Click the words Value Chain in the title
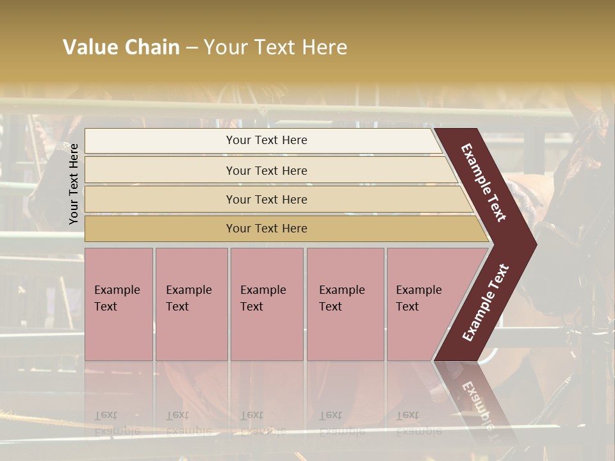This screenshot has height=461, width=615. (121, 47)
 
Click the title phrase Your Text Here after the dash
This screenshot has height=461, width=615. (275, 47)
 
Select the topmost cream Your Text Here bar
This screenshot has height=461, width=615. (266, 140)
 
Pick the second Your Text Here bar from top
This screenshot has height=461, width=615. (266, 170)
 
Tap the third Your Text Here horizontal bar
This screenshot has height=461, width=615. (266, 199)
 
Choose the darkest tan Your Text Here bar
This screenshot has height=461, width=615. (266, 228)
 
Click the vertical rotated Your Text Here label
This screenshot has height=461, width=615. (74, 184)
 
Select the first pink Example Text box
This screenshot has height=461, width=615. (119, 304)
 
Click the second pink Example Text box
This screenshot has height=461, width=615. (191, 304)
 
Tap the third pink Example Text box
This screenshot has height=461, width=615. (266, 304)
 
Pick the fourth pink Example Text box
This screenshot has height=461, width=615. (345, 304)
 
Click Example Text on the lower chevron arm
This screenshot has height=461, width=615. (486, 302)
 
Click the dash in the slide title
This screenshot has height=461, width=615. (192, 48)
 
